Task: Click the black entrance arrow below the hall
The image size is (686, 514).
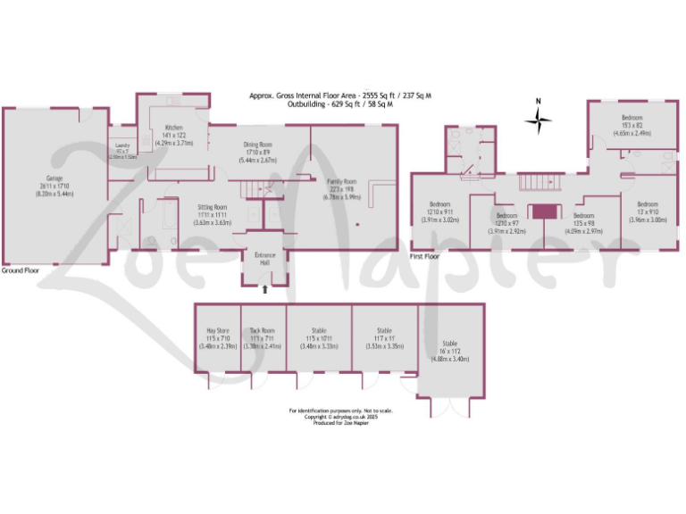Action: pos(264,289)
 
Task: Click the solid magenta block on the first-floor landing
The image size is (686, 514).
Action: pos(542,211)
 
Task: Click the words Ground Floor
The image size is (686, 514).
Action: pos(20,270)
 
